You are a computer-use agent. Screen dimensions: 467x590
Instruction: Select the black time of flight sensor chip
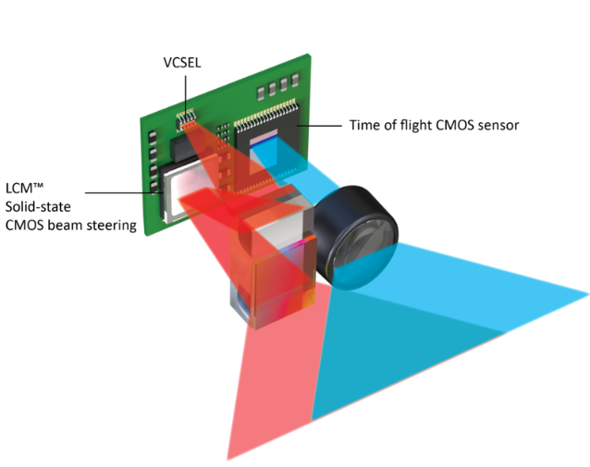pos(269,134)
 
